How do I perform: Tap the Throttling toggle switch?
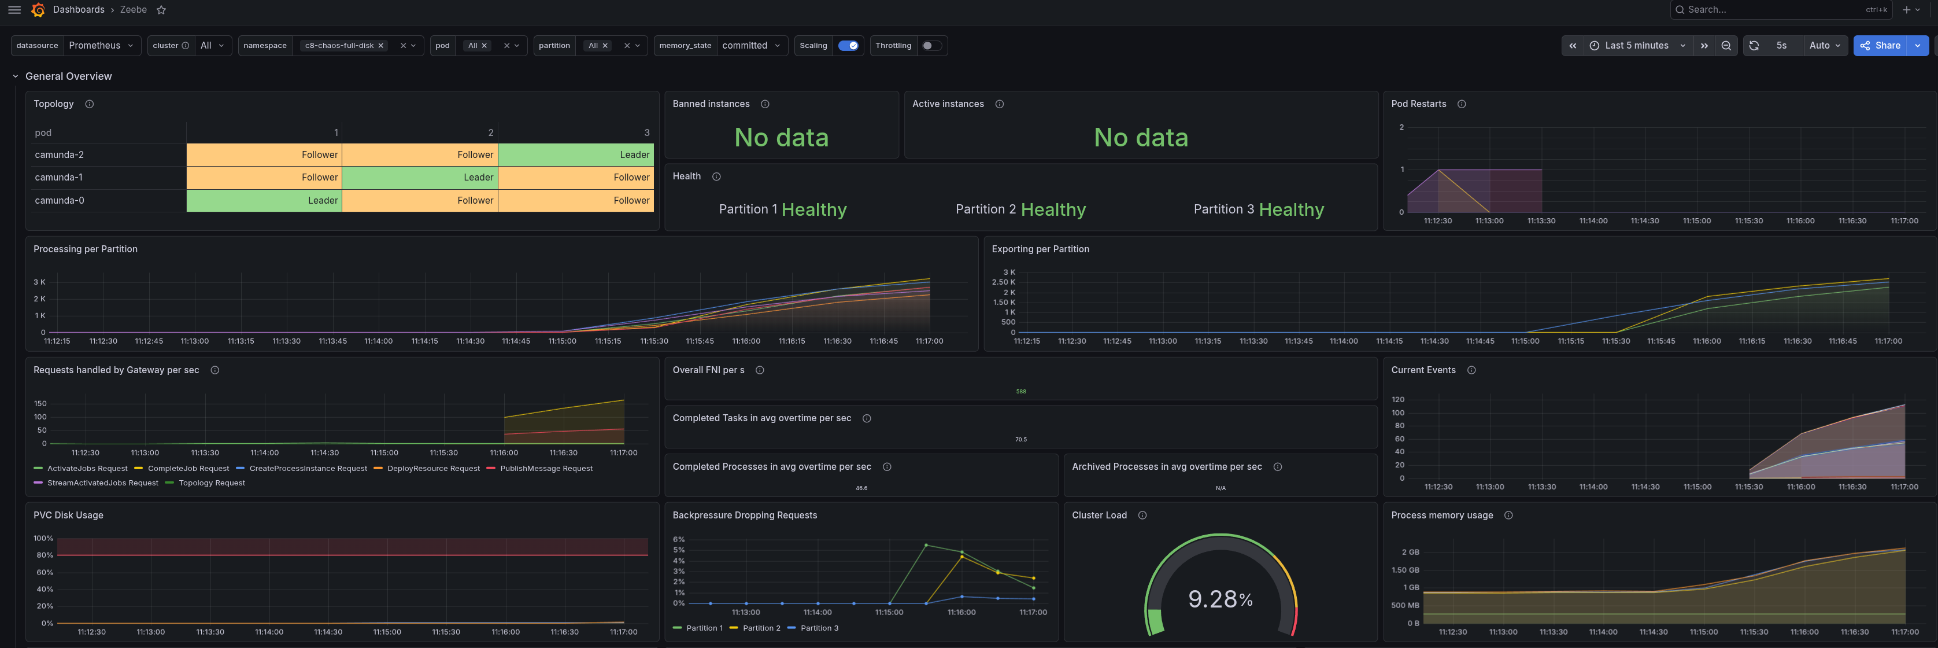pos(931,45)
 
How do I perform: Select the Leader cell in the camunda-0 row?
pos(264,200)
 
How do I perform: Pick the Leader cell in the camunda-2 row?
pos(575,154)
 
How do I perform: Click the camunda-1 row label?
pos(58,178)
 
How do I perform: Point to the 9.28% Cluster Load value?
pos(1221,599)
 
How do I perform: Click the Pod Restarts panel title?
pos(1418,104)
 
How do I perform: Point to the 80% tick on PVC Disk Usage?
pos(45,555)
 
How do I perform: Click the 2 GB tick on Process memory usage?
pos(1410,551)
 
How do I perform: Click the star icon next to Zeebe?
pos(161,10)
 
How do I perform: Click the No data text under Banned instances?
pos(781,138)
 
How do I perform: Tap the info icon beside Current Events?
pos(1471,370)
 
